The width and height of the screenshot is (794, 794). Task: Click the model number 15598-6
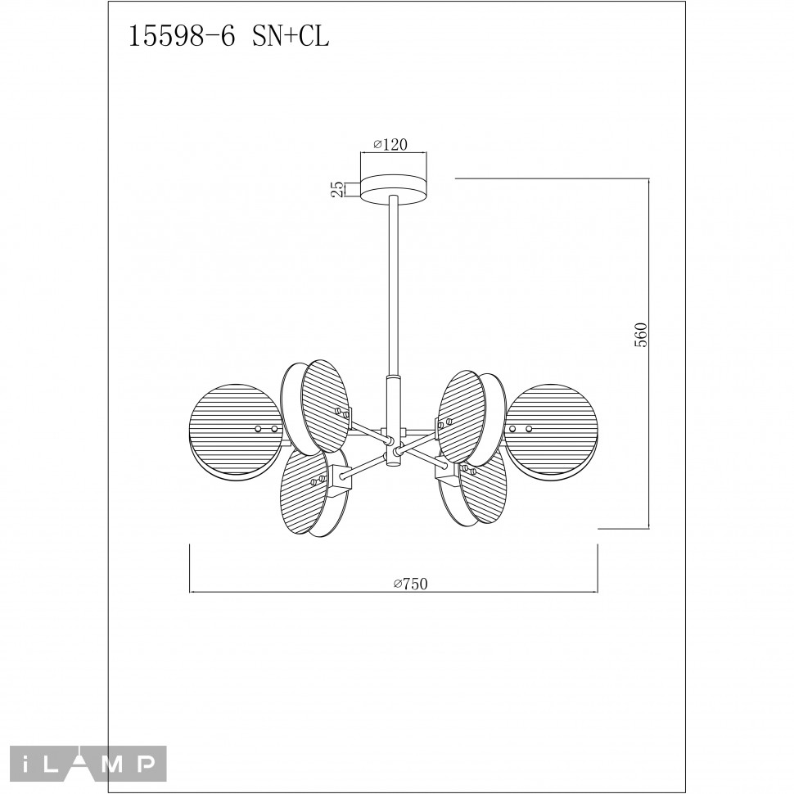(x=183, y=37)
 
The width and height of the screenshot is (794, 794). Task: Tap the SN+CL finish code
(x=291, y=37)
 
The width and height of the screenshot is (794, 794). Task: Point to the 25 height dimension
(x=336, y=189)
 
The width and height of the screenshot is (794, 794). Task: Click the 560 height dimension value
(x=641, y=334)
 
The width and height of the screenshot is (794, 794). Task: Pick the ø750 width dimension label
(x=411, y=584)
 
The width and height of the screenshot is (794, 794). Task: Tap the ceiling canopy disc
(x=393, y=190)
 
